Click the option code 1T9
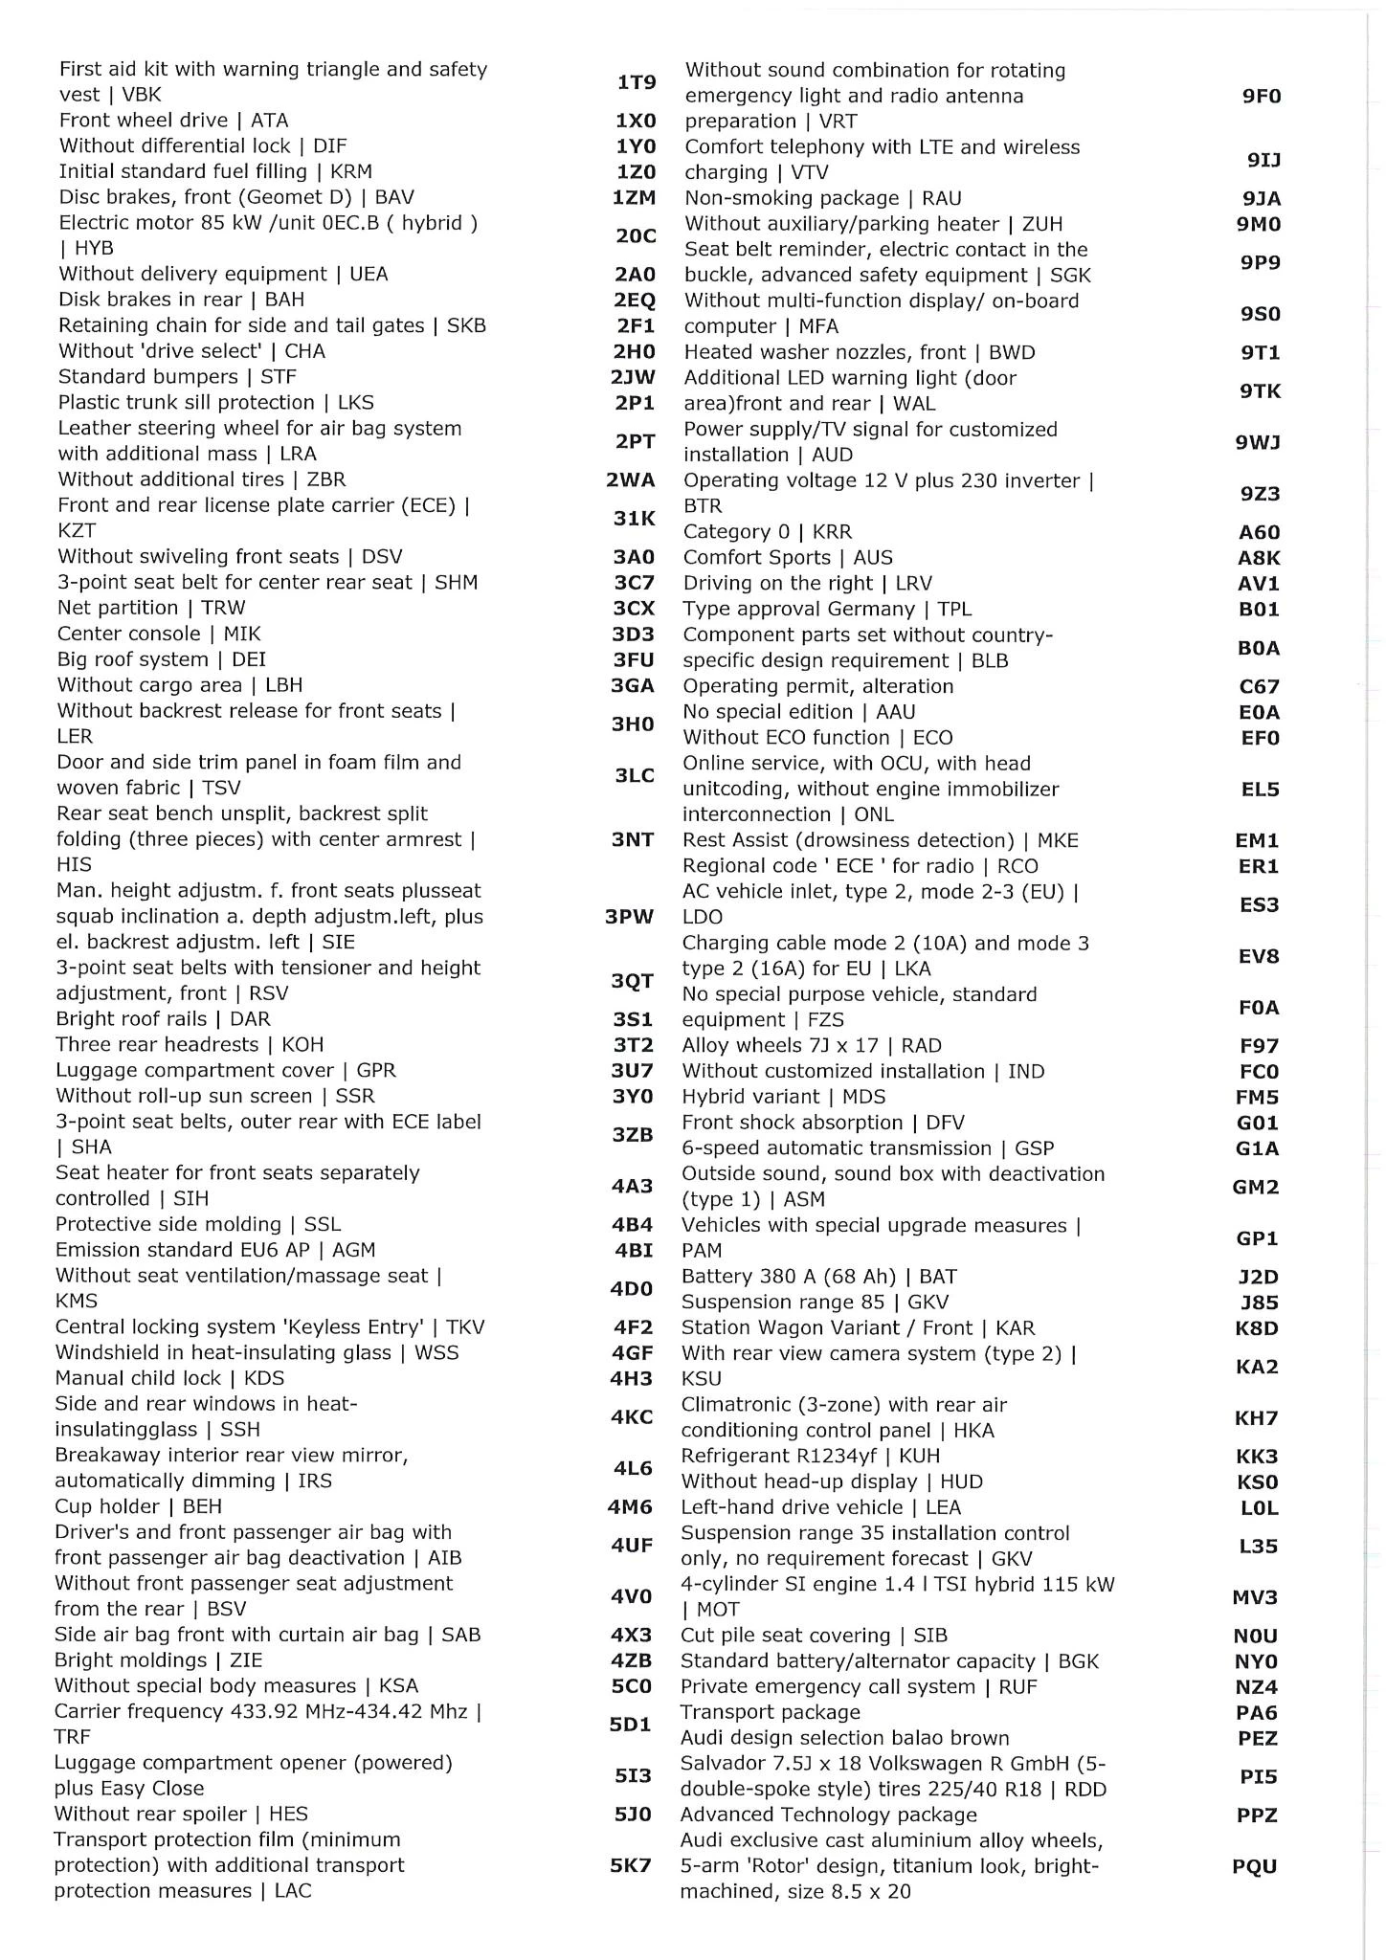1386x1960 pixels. (636, 82)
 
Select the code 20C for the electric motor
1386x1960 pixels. (636, 235)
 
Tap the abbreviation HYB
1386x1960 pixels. (94, 249)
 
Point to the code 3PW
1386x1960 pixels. (630, 917)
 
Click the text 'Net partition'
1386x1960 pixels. (118, 608)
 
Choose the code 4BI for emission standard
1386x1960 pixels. (633, 1250)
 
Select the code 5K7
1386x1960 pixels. (631, 1865)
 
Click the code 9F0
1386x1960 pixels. (1262, 96)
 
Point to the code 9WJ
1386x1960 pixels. (1259, 442)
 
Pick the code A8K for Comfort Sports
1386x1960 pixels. (1259, 558)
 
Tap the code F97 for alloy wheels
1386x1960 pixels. (1259, 1046)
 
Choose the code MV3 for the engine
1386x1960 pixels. (1256, 1597)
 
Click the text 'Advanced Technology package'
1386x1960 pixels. (828, 1815)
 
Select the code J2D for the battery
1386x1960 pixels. (1258, 1277)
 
